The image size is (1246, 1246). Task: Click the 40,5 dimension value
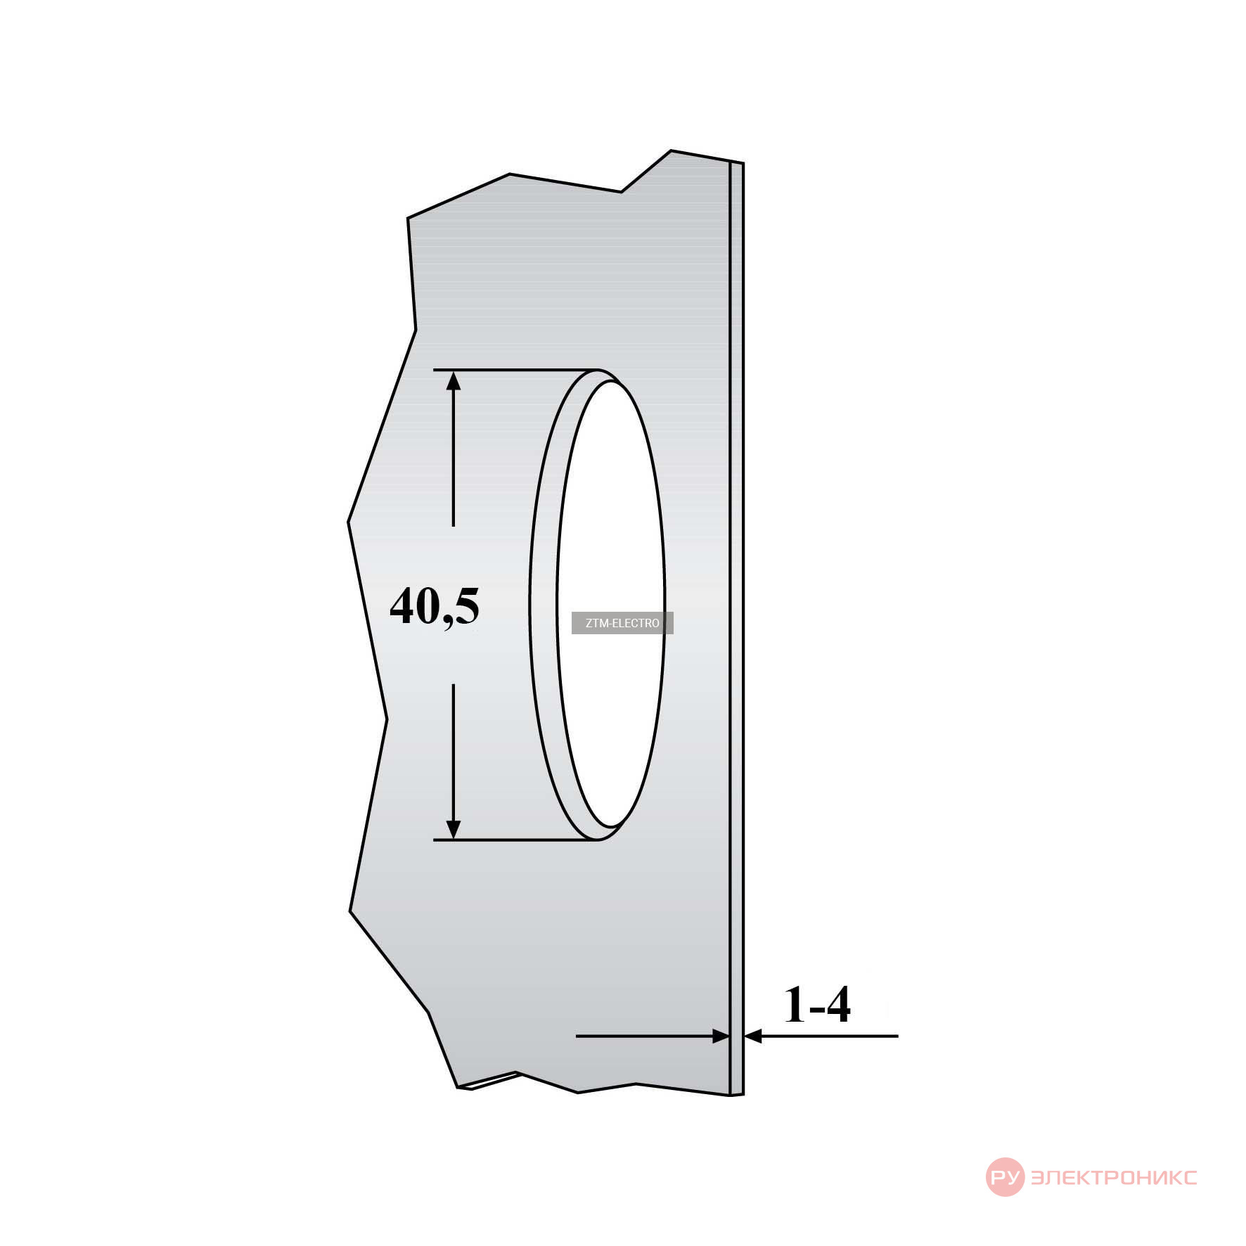coord(435,606)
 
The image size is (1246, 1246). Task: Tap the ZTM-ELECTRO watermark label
coord(622,623)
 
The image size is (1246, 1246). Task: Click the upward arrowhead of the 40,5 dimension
coord(454,380)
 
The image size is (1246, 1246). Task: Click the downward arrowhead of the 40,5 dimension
coord(454,830)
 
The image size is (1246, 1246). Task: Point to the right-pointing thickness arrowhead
coord(721,1036)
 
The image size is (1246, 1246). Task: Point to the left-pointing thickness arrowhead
coord(753,1036)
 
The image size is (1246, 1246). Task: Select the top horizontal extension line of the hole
coord(516,370)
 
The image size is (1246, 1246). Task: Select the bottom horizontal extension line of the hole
coord(516,840)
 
